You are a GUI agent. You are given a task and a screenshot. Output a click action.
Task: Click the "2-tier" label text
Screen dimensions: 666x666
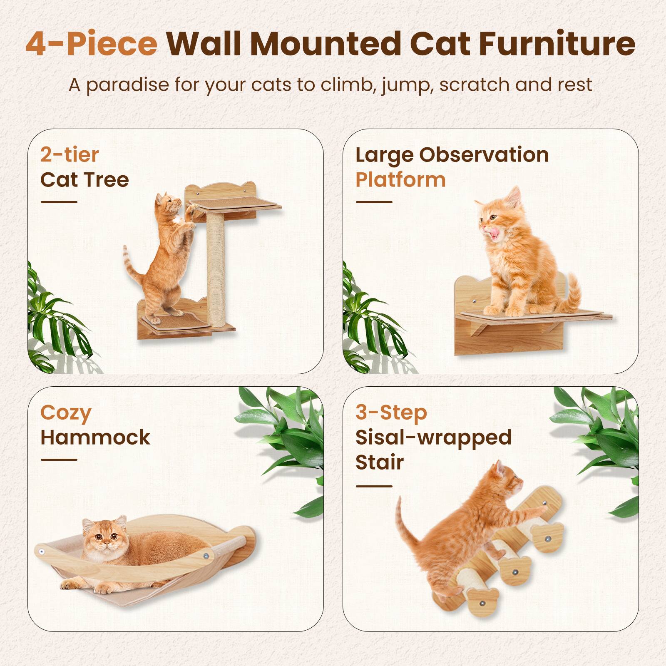pyautogui.click(x=70, y=155)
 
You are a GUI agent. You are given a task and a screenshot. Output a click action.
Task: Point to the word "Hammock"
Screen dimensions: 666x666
pyautogui.click(x=95, y=437)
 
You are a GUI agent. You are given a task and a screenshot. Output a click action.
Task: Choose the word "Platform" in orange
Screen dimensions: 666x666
pyautogui.click(x=400, y=180)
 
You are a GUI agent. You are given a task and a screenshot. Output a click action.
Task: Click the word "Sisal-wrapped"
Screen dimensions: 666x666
pyautogui.click(x=433, y=437)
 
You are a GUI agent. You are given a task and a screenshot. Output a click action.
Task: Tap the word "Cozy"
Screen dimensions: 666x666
pyautogui.click(x=66, y=413)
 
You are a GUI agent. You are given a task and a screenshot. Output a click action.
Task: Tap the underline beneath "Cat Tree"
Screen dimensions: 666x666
pyautogui.click(x=59, y=202)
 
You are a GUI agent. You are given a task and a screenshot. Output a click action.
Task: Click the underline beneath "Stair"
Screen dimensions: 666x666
pyautogui.click(x=374, y=486)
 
